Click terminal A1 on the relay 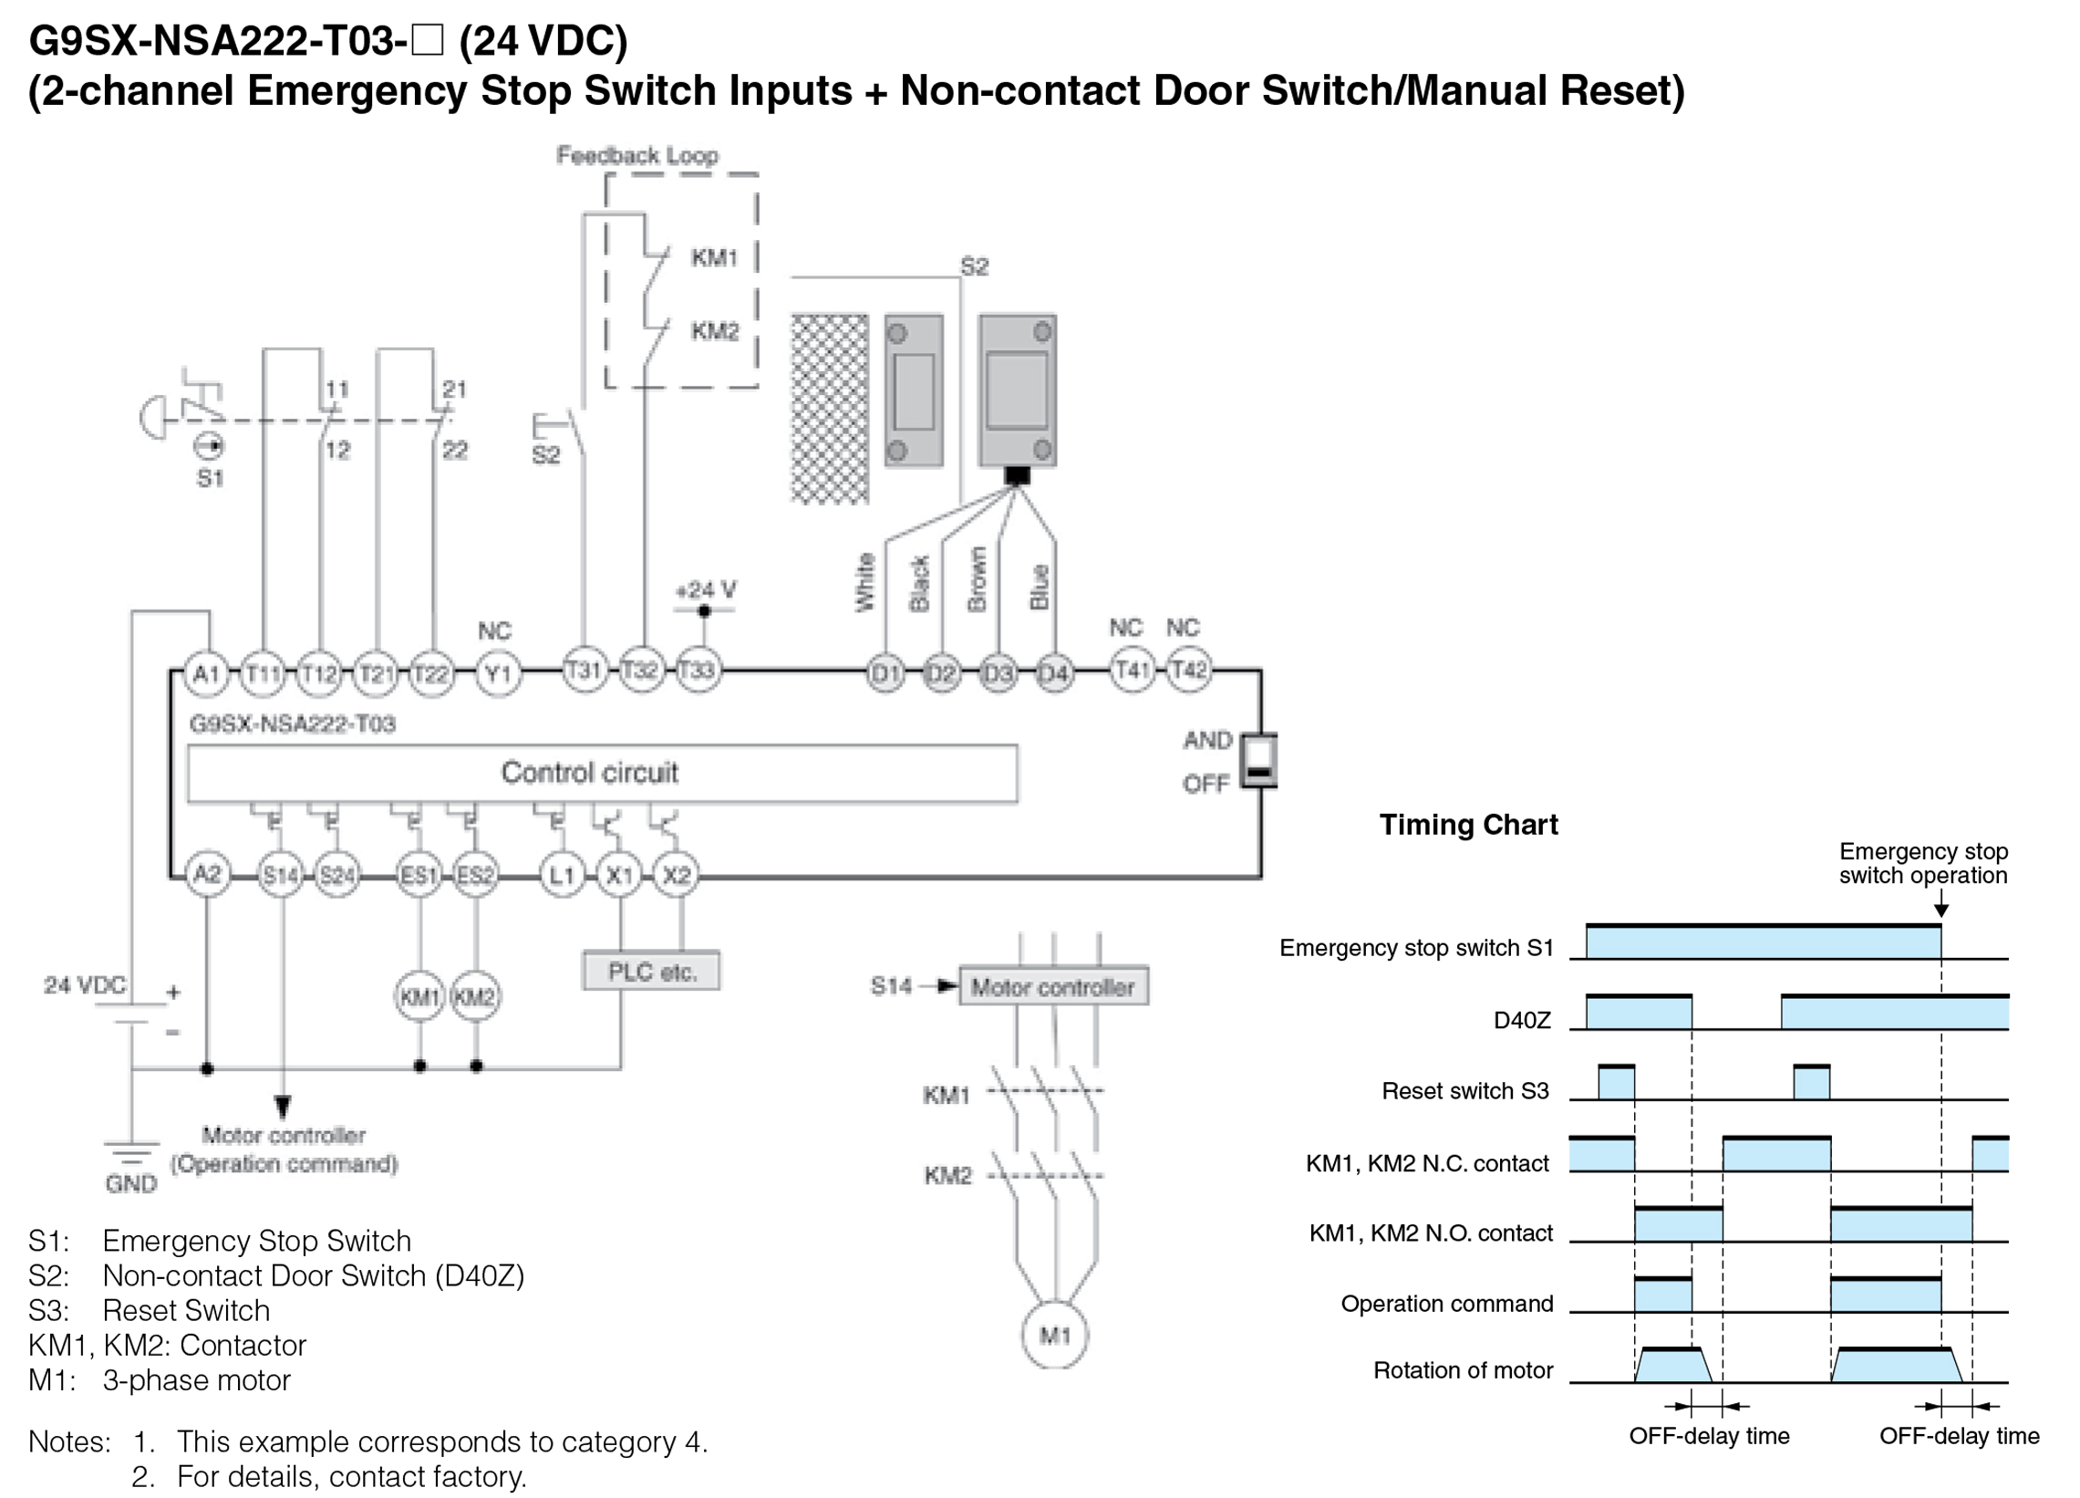206,674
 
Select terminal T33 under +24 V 698,671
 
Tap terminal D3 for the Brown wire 998,674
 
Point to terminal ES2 475,875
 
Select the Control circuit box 602,774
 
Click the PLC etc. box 651,972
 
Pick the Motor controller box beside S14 1053,987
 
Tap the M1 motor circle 1055,1335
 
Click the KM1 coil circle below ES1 419,996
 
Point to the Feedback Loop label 637,156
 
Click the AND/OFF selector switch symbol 1259,761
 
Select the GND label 131,1183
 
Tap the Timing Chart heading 1468,825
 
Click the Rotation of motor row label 1463,1370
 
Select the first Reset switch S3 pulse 1616,1083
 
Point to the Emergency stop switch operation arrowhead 1940,910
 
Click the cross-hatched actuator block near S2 829,409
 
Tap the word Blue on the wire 1039,588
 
